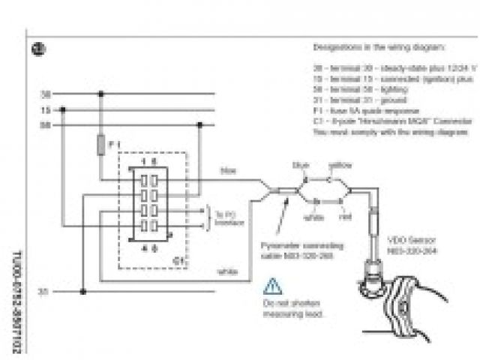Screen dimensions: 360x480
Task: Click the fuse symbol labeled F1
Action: (x=101, y=144)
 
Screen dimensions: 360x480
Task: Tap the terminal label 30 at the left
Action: (x=45, y=94)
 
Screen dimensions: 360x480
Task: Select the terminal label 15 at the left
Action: (x=45, y=109)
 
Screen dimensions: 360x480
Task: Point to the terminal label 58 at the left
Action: (x=45, y=125)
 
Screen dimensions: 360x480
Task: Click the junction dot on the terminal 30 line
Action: (x=101, y=94)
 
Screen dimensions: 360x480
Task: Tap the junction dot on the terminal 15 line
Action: (x=63, y=109)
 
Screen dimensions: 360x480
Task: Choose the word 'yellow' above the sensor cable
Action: (x=340, y=164)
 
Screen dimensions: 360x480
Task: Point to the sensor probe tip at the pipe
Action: (x=373, y=278)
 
